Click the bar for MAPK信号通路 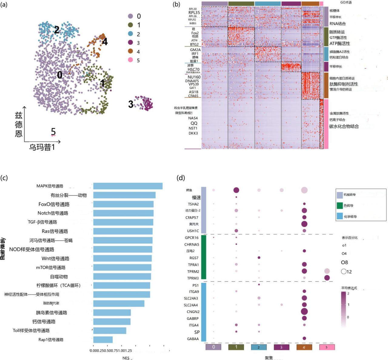tap(128, 186)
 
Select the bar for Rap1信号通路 tap(103, 340)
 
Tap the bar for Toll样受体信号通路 tap(109, 331)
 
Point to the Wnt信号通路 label tap(55, 258)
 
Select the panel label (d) tap(181, 178)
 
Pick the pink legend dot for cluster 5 tap(130, 60)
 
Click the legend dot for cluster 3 tap(130, 43)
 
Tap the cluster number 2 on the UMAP tap(57, 30)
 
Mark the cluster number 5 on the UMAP tap(53, 132)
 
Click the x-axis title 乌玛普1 tap(42, 147)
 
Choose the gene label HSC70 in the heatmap tap(193, 69)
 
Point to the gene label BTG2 tap(194, 44)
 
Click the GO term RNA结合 tap(337, 24)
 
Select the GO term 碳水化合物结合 tap(344, 126)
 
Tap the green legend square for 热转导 tap(340, 205)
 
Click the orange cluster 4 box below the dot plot tap(304, 347)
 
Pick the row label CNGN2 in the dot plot tap(193, 312)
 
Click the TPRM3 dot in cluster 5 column tap(327, 278)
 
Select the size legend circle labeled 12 tap(344, 272)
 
